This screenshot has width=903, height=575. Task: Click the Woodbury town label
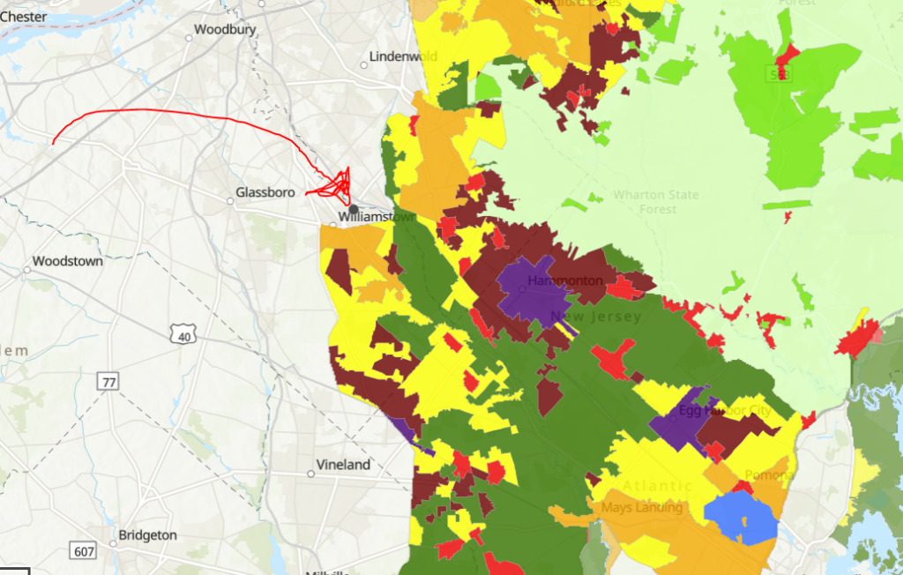(x=225, y=29)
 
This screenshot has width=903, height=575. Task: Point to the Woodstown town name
(x=67, y=261)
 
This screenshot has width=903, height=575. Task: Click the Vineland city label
(x=344, y=465)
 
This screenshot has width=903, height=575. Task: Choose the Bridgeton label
(x=147, y=535)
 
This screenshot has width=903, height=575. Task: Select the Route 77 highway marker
(x=108, y=382)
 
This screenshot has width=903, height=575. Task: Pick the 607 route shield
(x=85, y=552)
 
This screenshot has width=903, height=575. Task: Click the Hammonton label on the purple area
(x=564, y=281)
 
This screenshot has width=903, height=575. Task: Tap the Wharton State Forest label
(x=657, y=202)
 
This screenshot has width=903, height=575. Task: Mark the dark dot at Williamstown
(x=353, y=209)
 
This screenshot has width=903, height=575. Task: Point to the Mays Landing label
(x=642, y=508)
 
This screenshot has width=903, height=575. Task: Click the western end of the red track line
(x=53, y=143)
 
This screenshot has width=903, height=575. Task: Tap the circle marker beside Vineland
(x=310, y=474)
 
